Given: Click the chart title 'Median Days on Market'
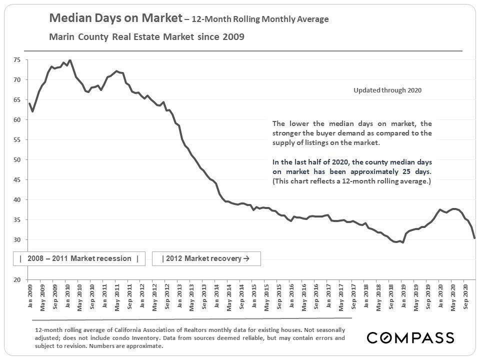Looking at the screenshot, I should click(x=115, y=19).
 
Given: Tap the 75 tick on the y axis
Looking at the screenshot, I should click(x=17, y=60).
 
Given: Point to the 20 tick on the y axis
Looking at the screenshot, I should click(x=17, y=280).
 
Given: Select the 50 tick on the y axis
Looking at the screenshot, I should click(x=17, y=160).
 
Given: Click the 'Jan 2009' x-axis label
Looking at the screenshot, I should click(x=30, y=295).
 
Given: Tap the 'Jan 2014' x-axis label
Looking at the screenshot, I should click(x=216, y=295).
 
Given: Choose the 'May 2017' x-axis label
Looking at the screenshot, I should click(x=340, y=295).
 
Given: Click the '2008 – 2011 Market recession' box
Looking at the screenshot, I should click(x=78, y=258).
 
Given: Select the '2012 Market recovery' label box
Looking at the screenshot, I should click(x=205, y=258).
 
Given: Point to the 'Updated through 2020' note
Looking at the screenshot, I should click(x=387, y=90).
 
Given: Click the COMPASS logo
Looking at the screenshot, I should click(x=410, y=337).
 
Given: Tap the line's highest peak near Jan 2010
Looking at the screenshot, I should click(x=69, y=60).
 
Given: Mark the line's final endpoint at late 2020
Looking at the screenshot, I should click(x=474, y=238).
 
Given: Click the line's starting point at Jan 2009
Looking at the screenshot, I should click(x=29, y=103).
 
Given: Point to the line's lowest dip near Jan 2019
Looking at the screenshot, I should click(x=402, y=242).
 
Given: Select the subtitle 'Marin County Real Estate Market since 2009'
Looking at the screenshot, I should click(x=146, y=37).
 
